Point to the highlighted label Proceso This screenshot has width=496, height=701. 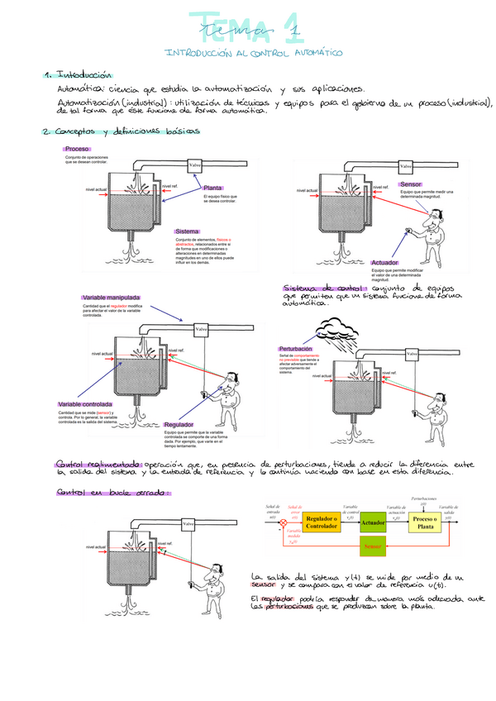click(77, 149)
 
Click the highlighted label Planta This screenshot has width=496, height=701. click(213, 188)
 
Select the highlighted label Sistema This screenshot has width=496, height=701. click(188, 231)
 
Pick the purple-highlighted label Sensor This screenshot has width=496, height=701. click(411, 184)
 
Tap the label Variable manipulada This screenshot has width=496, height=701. click(111, 297)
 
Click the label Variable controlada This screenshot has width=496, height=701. click(87, 404)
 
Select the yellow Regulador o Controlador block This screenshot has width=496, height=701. click(327, 522)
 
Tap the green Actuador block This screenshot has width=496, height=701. click(374, 522)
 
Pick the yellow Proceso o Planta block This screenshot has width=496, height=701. click(425, 522)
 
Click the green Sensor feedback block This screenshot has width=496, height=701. click(374, 546)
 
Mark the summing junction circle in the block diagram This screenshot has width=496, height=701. click(284, 522)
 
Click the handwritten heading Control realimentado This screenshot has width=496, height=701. click(99, 465)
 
